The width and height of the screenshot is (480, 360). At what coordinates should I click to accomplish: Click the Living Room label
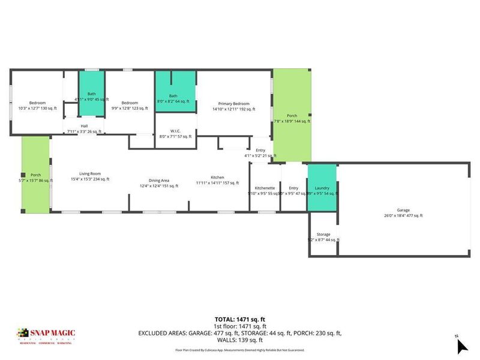(x=82, y=173)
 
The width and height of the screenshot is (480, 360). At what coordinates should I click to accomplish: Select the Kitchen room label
(x=217, y=178)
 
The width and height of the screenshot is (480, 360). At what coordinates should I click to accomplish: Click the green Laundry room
(x=322, y=188)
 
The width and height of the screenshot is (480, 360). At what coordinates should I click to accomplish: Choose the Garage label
(x=403, y=210)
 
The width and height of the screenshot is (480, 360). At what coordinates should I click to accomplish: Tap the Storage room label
(x=323, y=234)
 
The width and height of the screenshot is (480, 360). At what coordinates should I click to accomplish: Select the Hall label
(x=84, y=126)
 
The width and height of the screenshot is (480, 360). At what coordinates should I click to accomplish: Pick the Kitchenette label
(x=265, y=188)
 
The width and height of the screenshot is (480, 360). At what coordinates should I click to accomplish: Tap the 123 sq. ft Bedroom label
(x=130, y=103)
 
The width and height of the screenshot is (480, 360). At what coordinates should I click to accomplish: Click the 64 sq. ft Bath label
(x=173, y=96)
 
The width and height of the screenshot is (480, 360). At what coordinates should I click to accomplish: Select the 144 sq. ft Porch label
(x=292, y=116)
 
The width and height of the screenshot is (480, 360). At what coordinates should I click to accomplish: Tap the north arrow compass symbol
(x=461, y=345)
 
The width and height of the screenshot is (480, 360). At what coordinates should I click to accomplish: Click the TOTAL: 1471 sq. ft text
(x=239, y=319)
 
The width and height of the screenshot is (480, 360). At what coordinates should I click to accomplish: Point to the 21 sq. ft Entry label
(x=260, y=151)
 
